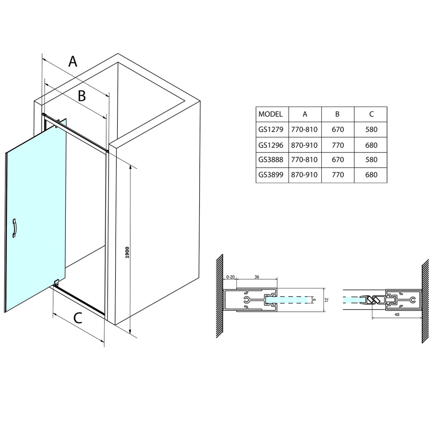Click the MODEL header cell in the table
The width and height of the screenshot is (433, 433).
point(270,114)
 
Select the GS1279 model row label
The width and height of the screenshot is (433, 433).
point(271,129)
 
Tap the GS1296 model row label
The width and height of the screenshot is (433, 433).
point(271,145)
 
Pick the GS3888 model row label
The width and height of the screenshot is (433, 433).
point(271,160)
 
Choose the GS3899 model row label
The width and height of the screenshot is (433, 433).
point(271,175)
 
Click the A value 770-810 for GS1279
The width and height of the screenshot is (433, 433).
point(304,129)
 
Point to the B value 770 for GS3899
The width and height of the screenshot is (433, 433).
point(338,175)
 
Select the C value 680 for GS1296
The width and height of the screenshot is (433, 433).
point(371,145)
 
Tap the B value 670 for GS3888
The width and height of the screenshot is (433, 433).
point(338,160)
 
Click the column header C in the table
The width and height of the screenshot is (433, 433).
point(372,114)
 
